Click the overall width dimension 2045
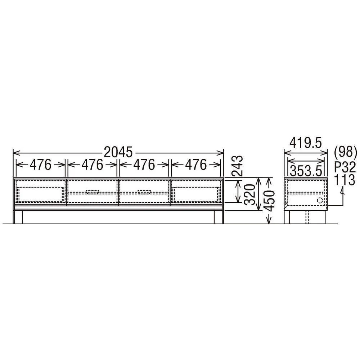118,152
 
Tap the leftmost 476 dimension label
41,165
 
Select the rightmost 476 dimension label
196,165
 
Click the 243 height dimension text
237,166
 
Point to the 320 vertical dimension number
249,194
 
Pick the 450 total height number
269,201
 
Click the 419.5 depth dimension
306,143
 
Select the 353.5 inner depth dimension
306,171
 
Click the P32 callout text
345,167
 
